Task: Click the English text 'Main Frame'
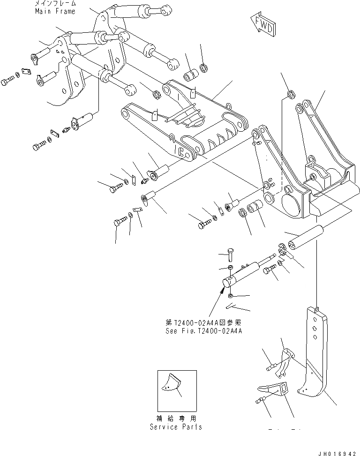coord(54,11)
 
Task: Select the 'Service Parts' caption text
coord(176,427)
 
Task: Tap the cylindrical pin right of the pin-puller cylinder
coord(305,238)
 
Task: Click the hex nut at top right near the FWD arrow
coord(291,95)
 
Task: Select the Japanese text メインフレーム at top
coord(54,4)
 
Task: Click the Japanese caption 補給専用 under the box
coord(176,419)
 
